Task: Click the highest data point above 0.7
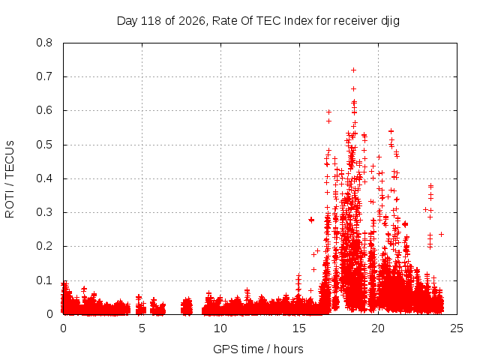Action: [353, 70]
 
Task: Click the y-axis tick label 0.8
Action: [44, 43]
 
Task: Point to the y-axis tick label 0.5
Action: [44, 145]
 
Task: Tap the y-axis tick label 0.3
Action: [44, 212]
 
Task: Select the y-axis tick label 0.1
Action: [44, 280]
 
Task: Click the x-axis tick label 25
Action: [457, 328]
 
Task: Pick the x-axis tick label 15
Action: [299, 328]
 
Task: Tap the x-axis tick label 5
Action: [142, 328]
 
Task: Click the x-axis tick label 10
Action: [220, 328]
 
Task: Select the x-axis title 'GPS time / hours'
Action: [258, 349]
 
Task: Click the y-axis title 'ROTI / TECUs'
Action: [10, 179]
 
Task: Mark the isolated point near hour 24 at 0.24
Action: [441, 234]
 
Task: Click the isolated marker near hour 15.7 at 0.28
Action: [311, 220]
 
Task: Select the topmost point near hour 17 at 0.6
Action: [328, 112]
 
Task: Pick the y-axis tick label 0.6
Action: [44, 110]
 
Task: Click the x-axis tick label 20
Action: [378, 328]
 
